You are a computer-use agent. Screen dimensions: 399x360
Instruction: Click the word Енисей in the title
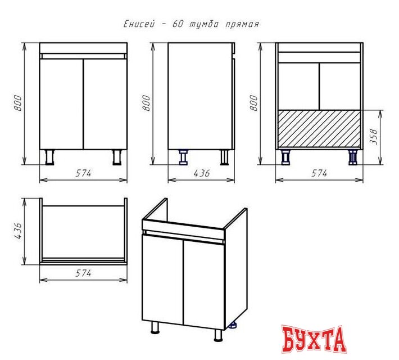coord(139,24)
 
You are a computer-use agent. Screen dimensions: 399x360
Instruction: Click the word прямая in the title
coord(242,24)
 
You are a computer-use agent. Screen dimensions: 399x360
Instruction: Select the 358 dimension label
coord(374,137)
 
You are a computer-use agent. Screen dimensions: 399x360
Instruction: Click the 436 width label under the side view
coord(202,173)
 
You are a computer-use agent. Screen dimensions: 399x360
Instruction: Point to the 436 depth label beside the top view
coord(18,231)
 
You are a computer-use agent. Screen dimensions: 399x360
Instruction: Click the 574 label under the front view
coord(83,173)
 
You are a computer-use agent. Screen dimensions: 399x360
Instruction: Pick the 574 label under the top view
coord(83,273)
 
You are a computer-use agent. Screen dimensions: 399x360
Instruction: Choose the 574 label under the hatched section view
coord(319,173)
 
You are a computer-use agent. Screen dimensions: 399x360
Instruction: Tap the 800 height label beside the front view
coord(18,103)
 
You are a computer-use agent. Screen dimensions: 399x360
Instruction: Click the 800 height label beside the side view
coord(146,103)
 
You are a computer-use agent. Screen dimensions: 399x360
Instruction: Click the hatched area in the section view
coord(319,129)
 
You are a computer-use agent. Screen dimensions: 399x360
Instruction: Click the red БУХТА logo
coord(314,339)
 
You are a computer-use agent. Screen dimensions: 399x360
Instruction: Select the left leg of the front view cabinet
coord(49,157)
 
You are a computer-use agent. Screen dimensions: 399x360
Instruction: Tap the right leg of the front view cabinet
coord(117,157)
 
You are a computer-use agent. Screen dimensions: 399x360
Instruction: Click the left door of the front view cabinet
coord(62,104)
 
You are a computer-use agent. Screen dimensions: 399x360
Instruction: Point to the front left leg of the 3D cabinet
coord(155,327)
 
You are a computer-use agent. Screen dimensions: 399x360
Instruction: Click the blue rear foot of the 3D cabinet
coord(233,325)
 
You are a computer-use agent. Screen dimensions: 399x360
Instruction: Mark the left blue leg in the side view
coord(183,157)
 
